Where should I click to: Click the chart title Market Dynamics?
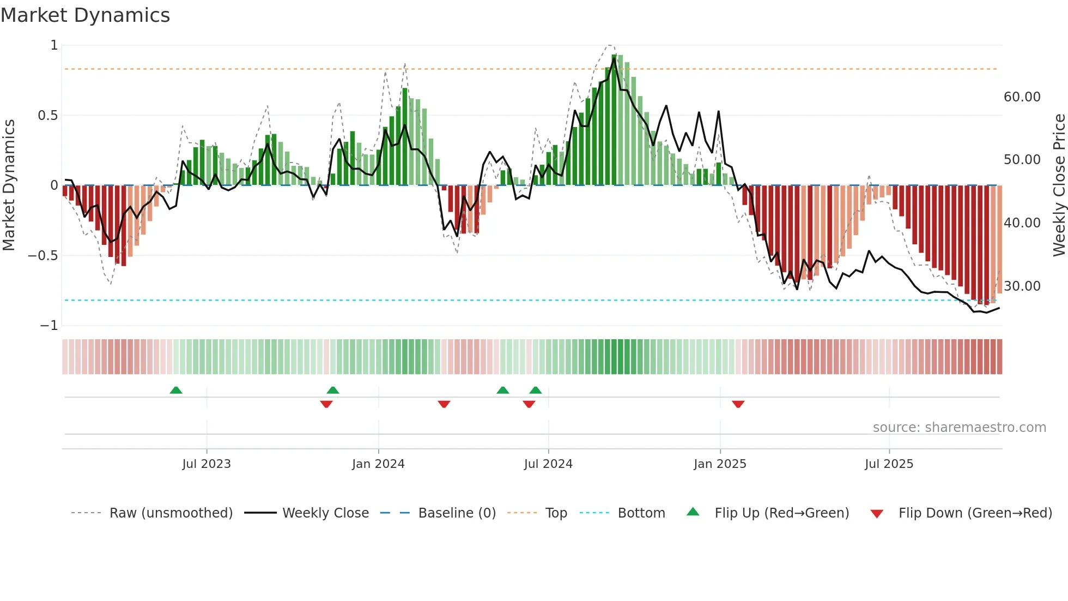(85, 15)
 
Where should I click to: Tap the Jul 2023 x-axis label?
(207, 464)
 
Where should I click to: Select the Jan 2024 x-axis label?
(378, 464)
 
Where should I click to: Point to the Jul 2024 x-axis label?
(548, 464)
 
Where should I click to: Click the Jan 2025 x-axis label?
(720, 464)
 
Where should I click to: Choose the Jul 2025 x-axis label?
(889, 464)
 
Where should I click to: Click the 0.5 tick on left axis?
(48, 116)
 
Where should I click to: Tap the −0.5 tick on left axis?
(43, 256)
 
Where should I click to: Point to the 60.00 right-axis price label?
(1022, 97)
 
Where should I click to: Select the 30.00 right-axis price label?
(1022, 286)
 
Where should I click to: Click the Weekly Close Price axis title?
(1059, 185)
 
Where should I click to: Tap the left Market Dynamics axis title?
(9, 185)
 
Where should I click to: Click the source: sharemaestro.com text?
(959, 428)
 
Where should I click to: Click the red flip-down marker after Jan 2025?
(738, 404)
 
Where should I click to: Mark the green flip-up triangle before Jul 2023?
(176, 390)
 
